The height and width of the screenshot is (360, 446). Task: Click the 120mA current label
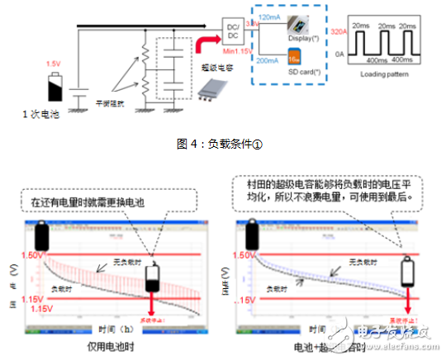270,16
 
